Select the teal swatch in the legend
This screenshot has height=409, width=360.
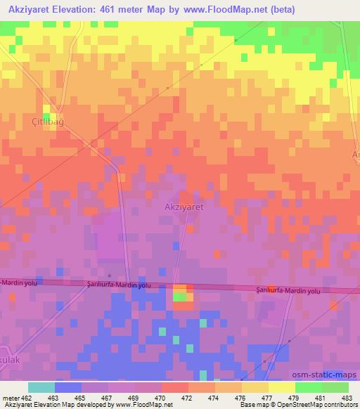(x=41, y=387)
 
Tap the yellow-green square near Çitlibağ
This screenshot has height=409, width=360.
(x=49, y=110)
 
